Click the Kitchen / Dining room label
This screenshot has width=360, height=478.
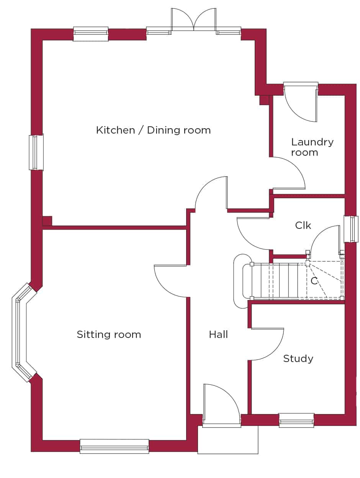154,130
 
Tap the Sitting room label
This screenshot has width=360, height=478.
109,334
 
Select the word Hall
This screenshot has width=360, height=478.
218,334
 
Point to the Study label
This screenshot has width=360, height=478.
298,359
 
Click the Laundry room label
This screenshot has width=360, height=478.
312,147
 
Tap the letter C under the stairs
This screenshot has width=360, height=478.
314,281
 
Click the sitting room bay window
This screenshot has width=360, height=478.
22,333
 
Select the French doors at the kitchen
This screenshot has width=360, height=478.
193,20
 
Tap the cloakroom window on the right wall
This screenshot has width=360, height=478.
351,229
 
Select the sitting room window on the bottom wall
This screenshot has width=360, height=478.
115,446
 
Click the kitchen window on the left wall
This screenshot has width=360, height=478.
36,152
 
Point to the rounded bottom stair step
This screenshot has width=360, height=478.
242,281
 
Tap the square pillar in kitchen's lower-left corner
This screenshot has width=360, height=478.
47,221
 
